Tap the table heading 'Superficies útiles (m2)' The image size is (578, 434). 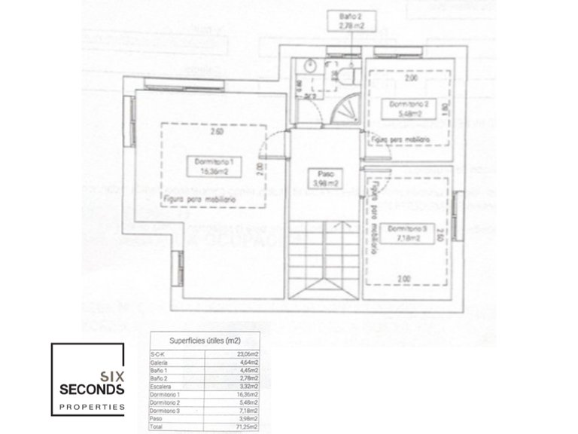tap(203, 339)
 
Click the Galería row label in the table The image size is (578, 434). tap(160, 362)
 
